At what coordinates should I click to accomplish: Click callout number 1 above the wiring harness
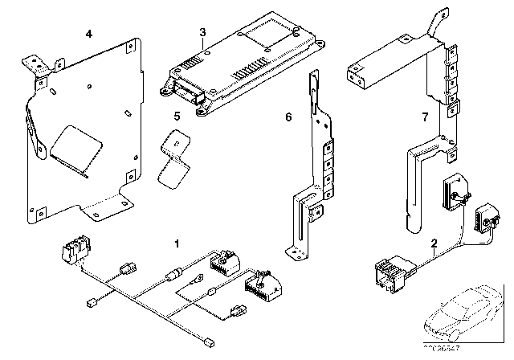click(177, 241)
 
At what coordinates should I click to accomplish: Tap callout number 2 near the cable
click(434, 243)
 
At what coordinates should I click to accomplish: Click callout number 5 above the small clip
click(177, 116)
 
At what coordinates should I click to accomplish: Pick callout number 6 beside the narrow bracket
click(288, 117)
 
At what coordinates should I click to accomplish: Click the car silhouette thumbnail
click(466, 317)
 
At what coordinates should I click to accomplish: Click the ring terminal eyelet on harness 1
click(194, 280)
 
